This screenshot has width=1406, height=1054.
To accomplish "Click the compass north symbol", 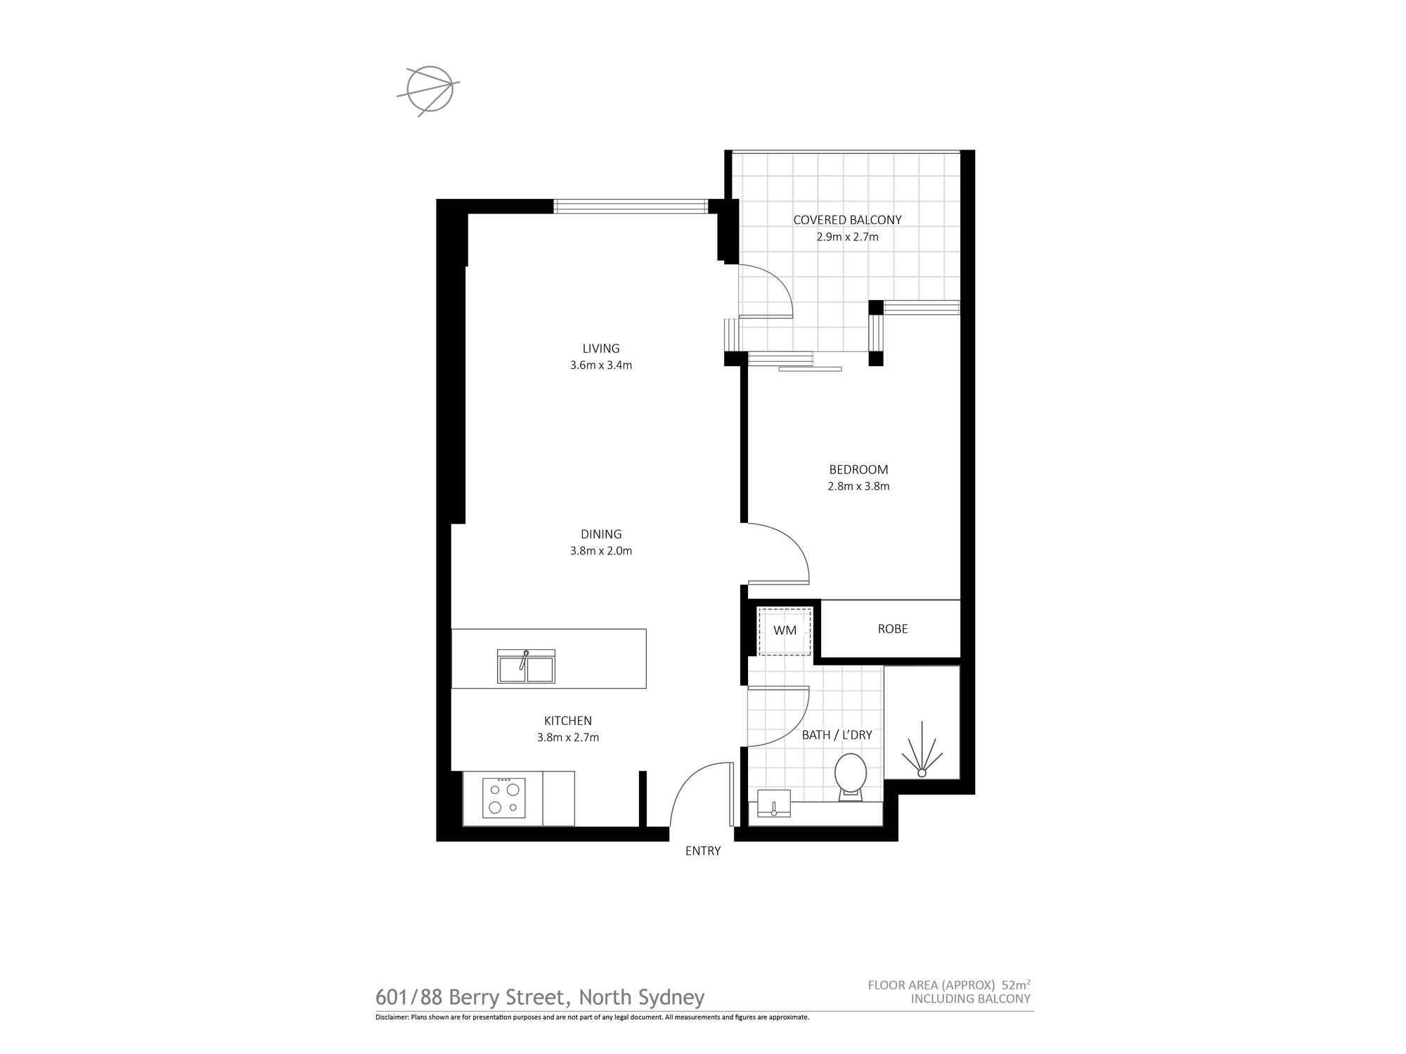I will pyautogui.click(x=429, y=89).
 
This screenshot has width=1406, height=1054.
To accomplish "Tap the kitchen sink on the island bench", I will pyautogui.click(x=526, y=666).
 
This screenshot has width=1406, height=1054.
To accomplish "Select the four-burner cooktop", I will pyautogui.click(x=503, y=798).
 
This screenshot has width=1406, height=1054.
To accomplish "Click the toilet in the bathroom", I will pyautogui.click(x=850, y=776).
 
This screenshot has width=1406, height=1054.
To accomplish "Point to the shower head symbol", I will pyautogui.click(x=922, y=755).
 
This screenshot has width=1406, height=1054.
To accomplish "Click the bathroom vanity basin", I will pyautogui.click(x=773, y=803).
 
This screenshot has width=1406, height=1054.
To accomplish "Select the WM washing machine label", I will pyautogui.click(x=785, y=630).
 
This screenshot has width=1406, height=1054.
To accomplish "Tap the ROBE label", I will pyautogui.click(x=892, y=629).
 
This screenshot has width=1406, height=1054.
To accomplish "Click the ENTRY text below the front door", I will pyautogui.click(x=702, y=851).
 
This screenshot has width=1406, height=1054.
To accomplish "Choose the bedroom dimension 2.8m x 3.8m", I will pyautogui.click(x=858, y=486).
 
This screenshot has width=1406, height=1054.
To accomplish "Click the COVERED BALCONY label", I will pyautogui.click(x=847, y=220).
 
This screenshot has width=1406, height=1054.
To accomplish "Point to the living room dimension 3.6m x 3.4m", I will pyautogui.click(x=601, y=365).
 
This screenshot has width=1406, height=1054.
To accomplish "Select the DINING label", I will pyautogui.click(x=601, y=534).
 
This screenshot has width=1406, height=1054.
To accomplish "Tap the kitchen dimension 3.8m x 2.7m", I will pyautogui.click(x=567, y=738).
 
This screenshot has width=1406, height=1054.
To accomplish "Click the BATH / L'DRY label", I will pyautogui.click(x=837, y=735).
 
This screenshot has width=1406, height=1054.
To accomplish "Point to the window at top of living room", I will pyautogui.click(x=631, y=206).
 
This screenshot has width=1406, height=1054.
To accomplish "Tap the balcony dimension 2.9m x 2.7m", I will pyautogui.click(x=847, y=238).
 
